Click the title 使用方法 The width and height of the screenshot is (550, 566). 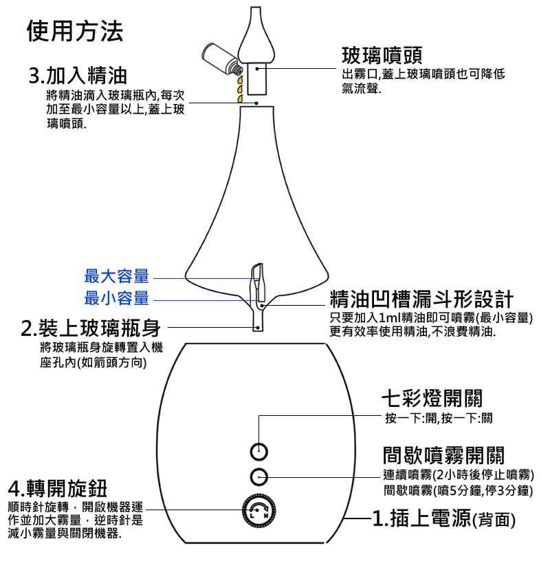coord(75,31)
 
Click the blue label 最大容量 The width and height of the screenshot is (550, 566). coord(116,277)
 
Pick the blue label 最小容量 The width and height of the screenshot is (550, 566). coord(116,299)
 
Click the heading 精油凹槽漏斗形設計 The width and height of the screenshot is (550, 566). coord(421,299)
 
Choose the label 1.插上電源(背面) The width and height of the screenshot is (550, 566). coord(443,518)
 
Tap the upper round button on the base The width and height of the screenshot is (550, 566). coord(258,451)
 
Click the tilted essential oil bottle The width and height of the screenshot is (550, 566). coord(221,58)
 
